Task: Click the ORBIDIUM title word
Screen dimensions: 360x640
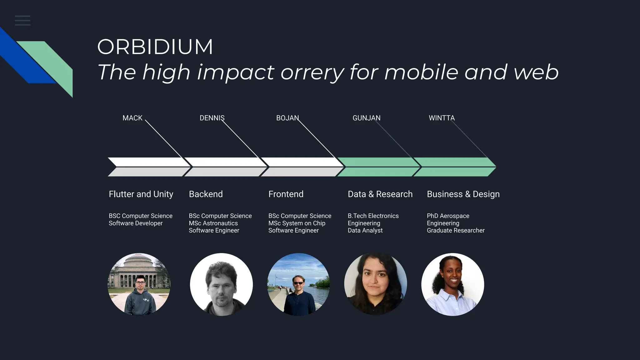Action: click(x=155, y=47)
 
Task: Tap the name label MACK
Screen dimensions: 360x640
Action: click(x=132, y=118)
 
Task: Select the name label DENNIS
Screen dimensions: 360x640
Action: click(x=212, y=118)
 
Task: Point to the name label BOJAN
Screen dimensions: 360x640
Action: click(x=287, y=118)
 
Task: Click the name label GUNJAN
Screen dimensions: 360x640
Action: click(x=366, y=118)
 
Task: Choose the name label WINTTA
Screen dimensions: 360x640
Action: click(x=442, y=118)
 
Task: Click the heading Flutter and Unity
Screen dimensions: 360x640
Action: click(x=141, y=194)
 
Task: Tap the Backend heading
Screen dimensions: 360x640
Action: click(x=206, y=194)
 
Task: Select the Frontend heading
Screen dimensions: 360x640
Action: click(x=286, y=194)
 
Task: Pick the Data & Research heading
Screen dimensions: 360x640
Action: click(x=380, y=194)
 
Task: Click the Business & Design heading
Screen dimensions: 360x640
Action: click(x=463, y=194)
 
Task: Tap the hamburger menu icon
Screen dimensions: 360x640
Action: click(x=22, y=21)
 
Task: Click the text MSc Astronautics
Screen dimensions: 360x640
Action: click(x=213, y=223)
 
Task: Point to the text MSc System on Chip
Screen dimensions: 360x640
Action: click(x=297, y=223)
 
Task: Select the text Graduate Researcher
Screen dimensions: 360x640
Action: click(x=456, y=230)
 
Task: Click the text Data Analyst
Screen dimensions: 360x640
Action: click(x=365, y=230)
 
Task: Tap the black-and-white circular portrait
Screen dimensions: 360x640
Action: click(x=221, y=284)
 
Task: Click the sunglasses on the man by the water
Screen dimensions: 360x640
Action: click(x=298, y=283)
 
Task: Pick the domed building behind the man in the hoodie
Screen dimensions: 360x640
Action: click(x=137, y=266)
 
